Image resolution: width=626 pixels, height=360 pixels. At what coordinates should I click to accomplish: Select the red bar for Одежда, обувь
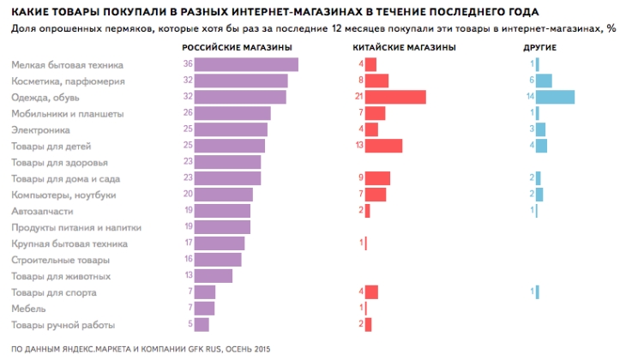(x=395, y=97)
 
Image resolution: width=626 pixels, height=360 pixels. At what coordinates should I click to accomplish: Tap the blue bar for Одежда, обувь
(x=555, y=97)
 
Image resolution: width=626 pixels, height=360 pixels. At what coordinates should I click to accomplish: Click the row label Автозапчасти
(x=42, y=211)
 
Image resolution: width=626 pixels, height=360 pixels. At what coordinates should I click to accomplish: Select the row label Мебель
(x=28, y=308)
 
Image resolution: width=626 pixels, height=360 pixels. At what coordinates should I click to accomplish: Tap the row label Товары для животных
(x=60, y=276)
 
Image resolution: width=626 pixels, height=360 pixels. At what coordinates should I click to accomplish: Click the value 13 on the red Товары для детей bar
(x=359, y=146)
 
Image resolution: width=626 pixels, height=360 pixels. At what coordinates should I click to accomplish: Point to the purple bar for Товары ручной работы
(x=202, y=324)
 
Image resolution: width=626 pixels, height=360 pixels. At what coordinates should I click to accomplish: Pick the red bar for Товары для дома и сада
(x=377, y=178)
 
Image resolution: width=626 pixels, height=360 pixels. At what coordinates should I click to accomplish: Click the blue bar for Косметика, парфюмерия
(x=544, y=81)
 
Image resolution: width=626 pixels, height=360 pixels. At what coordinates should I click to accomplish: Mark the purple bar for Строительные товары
(x=218, y=260)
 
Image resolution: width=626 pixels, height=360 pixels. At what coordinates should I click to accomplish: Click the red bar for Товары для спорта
(x=371, y=292)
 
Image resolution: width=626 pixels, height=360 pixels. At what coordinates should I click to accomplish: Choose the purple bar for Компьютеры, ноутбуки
(x=223, y=195)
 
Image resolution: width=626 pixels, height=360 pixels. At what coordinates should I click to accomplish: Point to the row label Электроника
(x=41, y=129)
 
